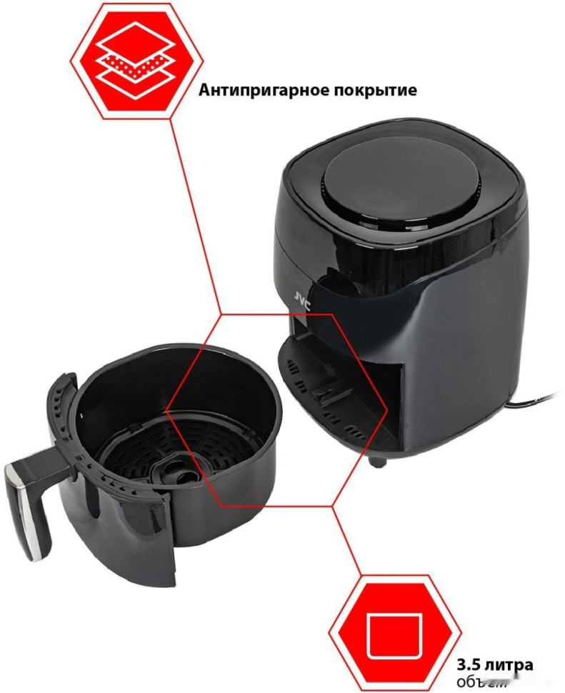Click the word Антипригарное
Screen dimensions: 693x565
click(259, 91)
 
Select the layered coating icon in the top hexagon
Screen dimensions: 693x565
click(135, 59)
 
